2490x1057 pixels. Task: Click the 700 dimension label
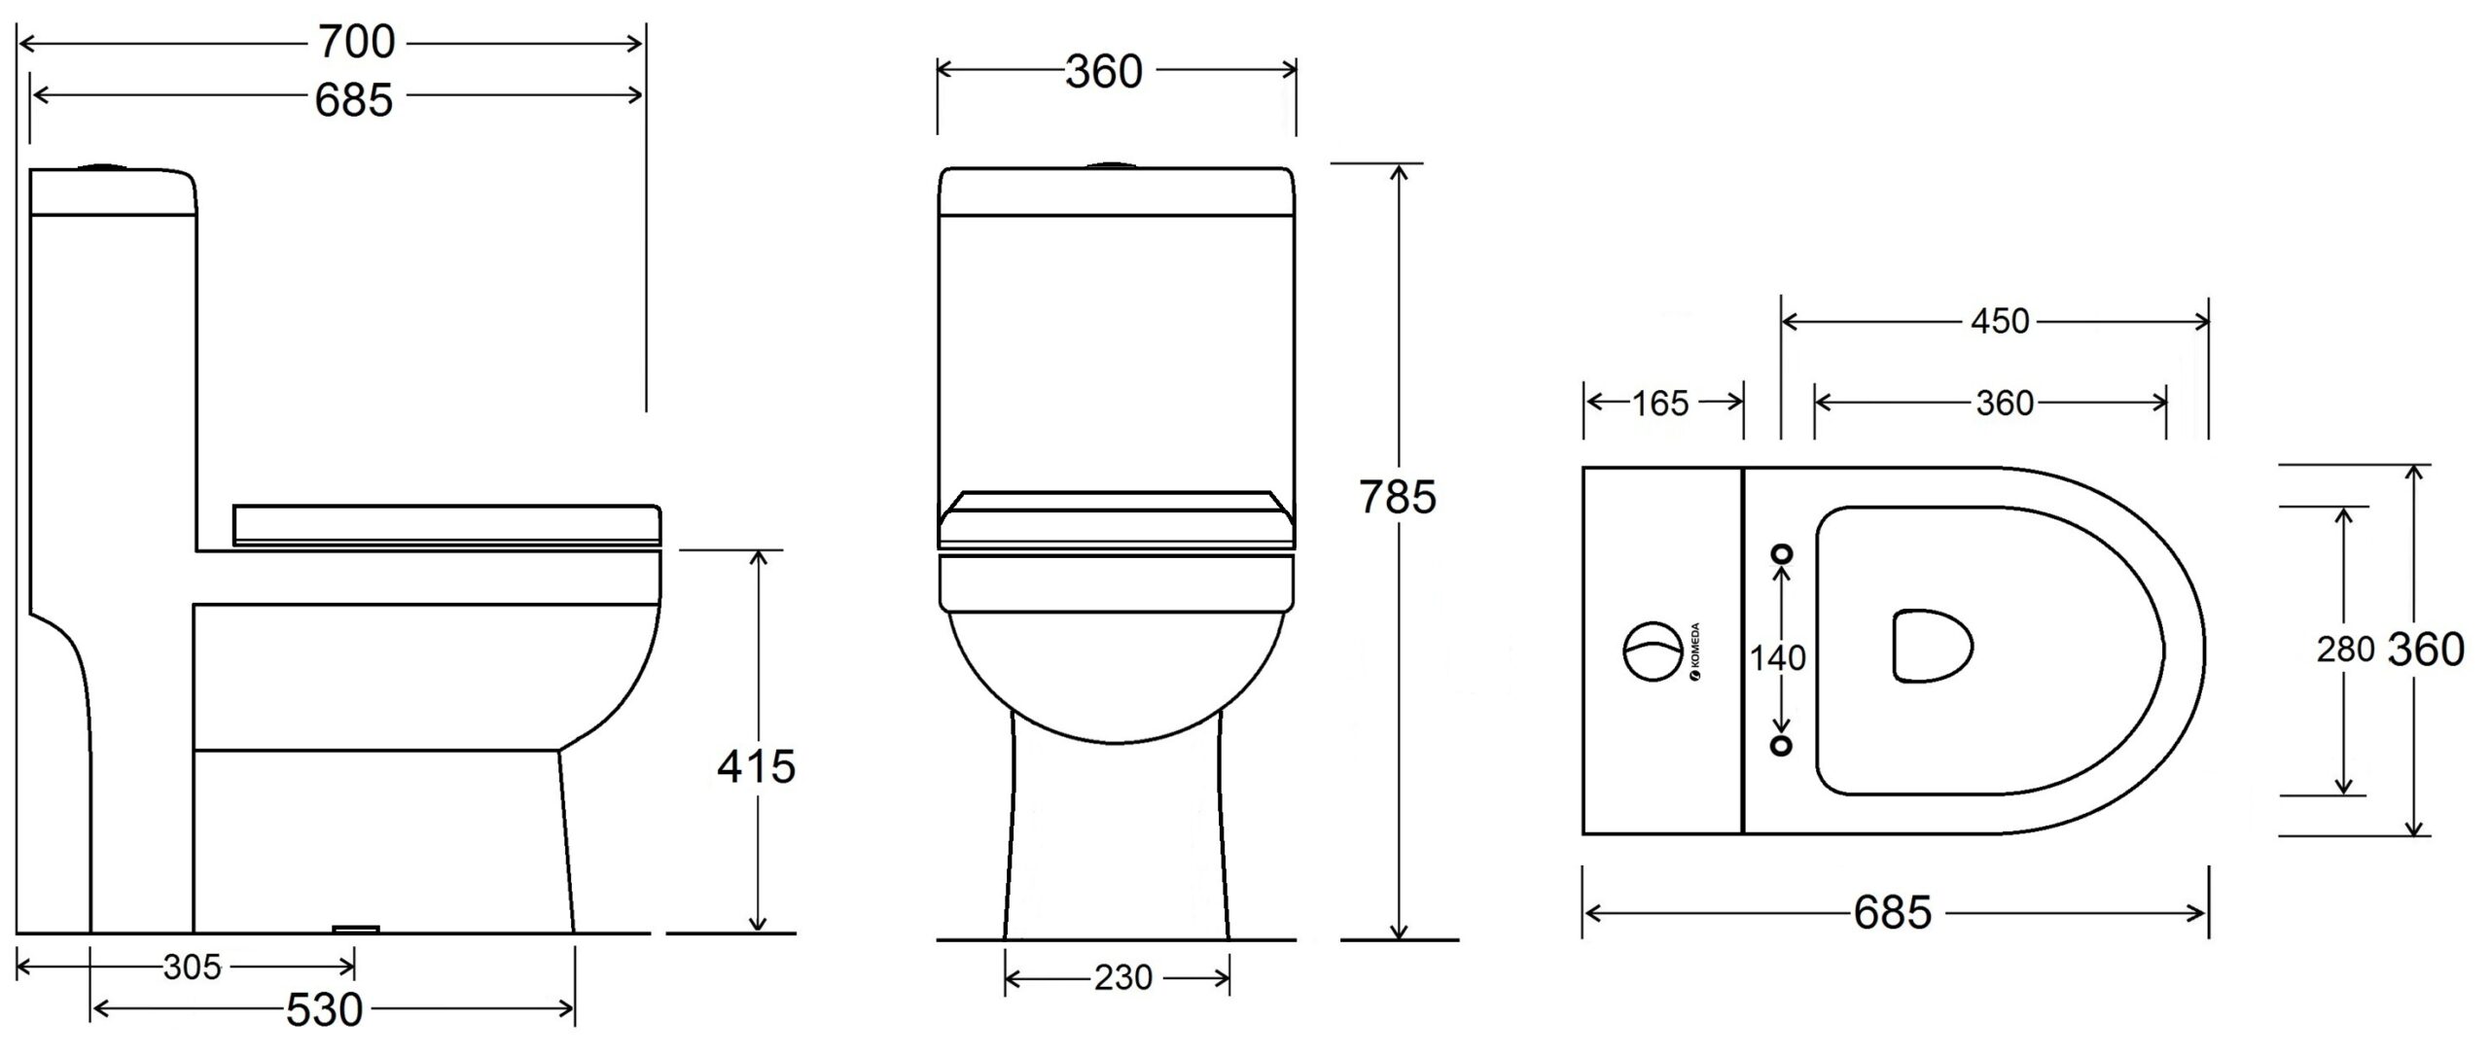pyautogui.click(x=356, y=42)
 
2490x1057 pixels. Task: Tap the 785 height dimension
pyautogui.click(x=1398, y=497)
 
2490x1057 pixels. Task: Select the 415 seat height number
pyautogui.click(x=757, y=767)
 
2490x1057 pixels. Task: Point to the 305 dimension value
pyautogui.click(x=193, y=968)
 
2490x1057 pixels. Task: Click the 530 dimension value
pyautogui.click(x=325, y=1010)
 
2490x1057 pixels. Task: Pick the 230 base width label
pyautogui.click(x=1123, y=977)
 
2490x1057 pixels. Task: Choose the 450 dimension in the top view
pyautogui.click(x=2000, y=321)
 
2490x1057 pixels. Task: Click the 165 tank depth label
pyautogui.click(x=1660, y=403)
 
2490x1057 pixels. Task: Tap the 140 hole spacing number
pyautogui.click(x=1778, y=658)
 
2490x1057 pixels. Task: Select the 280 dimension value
pyautogui.click(x=2346, y=650)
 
